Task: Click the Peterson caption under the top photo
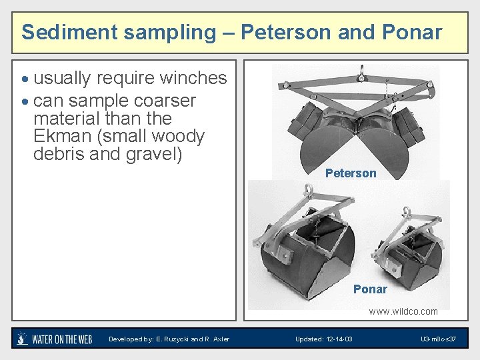(351, 173)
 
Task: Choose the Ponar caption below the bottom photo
(370, 289)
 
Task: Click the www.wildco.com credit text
(403, 311)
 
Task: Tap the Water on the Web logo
(54, 339)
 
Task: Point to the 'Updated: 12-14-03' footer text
(324, 339)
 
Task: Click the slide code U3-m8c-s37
(438, 339)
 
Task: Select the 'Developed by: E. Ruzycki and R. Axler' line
(169, 339)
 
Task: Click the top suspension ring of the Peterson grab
(360, 70)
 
